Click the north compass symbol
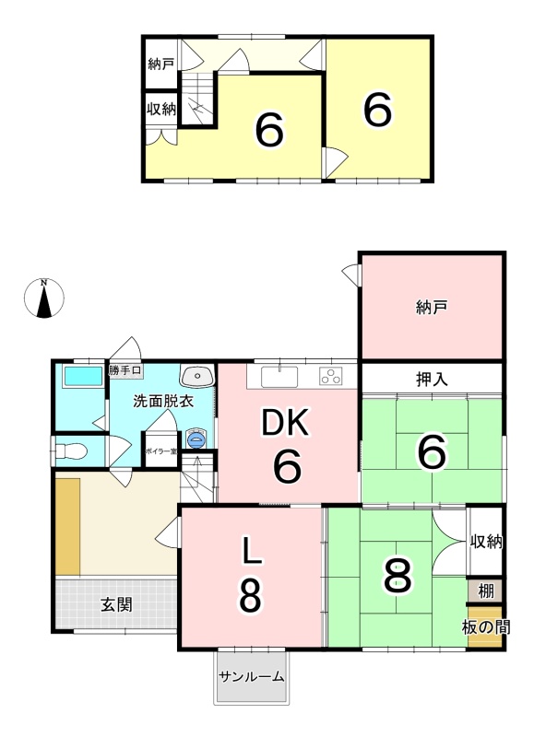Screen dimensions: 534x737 43,298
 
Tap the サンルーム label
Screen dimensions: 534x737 252,677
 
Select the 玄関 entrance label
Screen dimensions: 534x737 116,604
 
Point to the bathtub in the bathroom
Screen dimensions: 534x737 83,376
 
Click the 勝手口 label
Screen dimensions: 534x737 125,370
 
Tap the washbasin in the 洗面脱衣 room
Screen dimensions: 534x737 197,376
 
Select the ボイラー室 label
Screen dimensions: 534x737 160,451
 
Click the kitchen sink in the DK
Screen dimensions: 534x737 279,377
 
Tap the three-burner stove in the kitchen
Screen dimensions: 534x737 330,377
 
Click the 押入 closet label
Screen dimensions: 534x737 432,379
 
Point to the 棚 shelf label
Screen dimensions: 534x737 485,591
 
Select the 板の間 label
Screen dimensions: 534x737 486,627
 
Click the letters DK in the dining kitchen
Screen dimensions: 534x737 285,423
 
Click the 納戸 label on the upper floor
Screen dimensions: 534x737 160,64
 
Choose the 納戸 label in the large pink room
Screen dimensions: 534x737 432,308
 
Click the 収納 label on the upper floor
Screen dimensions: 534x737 161,109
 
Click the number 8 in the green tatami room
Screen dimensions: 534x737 398,577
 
